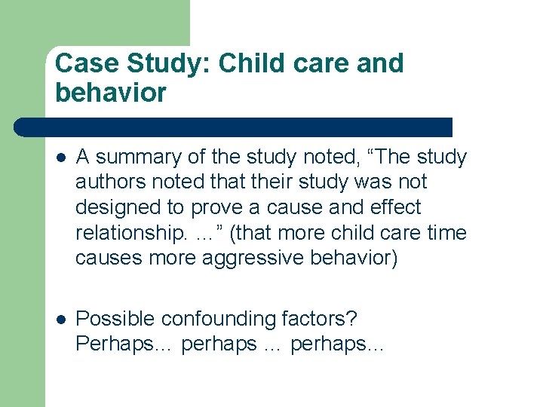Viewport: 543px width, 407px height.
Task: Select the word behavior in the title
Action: (111, 93)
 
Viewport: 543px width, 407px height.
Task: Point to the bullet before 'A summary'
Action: (61, 158)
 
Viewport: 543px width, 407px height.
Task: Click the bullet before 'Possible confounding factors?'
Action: (61, 320)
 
